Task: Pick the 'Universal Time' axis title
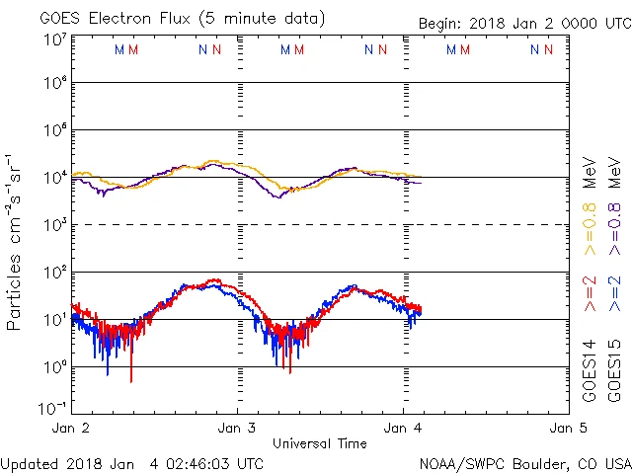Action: (320, 443)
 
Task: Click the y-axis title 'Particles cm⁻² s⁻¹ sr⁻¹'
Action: (15, 242)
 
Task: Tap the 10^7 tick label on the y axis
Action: (54, 40)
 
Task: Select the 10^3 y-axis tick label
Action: (54, 226)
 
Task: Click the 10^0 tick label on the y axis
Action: (54, 367)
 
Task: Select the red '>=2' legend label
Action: (590, 295)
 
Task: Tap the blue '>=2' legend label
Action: (614, 295)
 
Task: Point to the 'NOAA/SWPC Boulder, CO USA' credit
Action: (524, 463)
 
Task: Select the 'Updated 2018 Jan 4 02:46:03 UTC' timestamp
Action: (132, 463)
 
